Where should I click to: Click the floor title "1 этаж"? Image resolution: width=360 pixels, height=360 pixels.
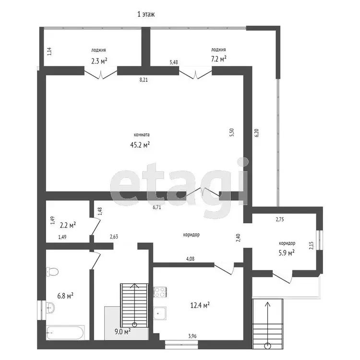coord(146,14)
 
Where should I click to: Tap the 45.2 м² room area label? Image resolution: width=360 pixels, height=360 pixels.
coord(140,144)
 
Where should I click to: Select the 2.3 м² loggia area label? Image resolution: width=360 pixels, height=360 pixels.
coord(99,61)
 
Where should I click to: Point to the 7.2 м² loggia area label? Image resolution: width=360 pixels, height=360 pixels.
coord(218,59)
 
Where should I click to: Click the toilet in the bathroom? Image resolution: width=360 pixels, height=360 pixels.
coord(52,272)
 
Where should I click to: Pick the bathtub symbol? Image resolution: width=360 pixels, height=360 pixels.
coord(65,332)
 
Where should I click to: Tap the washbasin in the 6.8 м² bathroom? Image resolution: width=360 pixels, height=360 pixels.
coord(50,307)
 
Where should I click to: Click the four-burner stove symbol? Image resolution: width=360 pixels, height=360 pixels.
coord(160,292)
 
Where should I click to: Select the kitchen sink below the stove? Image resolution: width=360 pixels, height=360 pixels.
coord(160,313)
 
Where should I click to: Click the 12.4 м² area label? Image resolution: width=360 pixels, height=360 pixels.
coord(200,305)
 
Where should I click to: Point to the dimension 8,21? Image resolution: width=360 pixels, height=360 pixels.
coord(144,80)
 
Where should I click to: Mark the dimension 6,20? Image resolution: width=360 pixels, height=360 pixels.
coord(257,133)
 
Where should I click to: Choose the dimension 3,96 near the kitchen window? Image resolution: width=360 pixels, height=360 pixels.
coord(192,336)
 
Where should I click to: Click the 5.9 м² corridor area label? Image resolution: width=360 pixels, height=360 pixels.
coord(287,253)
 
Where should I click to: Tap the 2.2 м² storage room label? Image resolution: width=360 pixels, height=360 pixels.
coord(68,225)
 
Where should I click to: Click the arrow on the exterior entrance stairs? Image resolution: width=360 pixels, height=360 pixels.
coord(267,324)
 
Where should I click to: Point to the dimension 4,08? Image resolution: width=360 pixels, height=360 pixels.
coord(190,259)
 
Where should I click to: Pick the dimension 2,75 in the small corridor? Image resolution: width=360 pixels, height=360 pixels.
coord(280,219)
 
